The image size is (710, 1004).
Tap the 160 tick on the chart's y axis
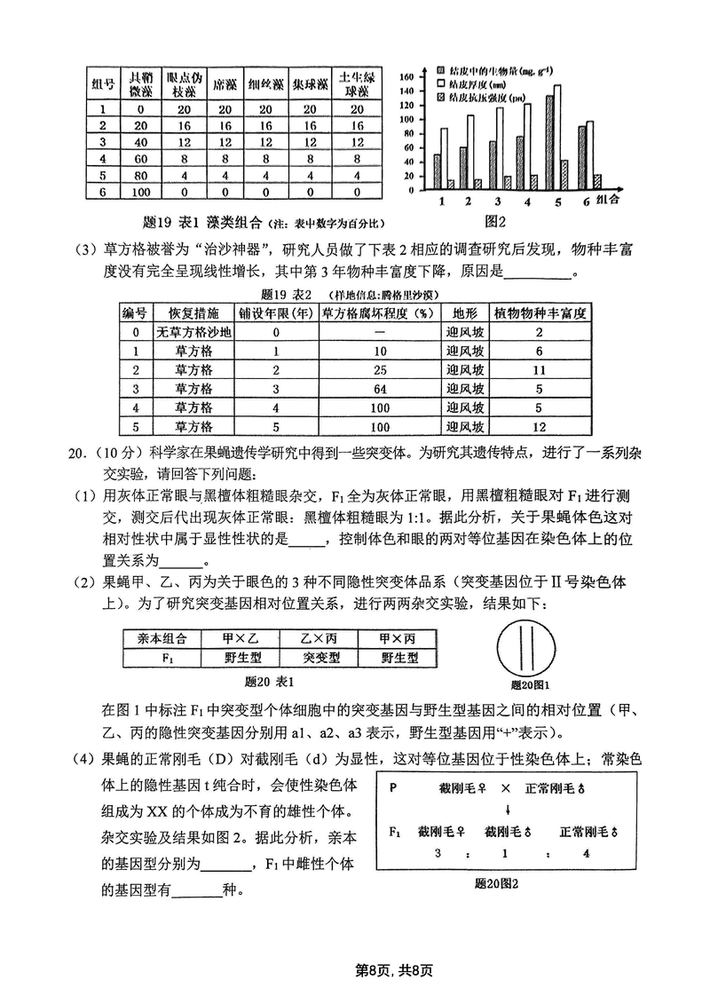click(x=408, y=77)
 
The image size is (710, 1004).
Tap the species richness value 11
click(x=538, y=369)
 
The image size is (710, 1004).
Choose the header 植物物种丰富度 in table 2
click(x=538, y=313)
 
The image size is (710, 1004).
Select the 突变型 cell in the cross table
click(x=317, y=658)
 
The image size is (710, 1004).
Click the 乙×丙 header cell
click(x=317, y=638)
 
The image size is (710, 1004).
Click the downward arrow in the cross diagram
click(x=507, y=810)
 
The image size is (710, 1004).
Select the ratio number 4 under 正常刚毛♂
click(x=588, y=852)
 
